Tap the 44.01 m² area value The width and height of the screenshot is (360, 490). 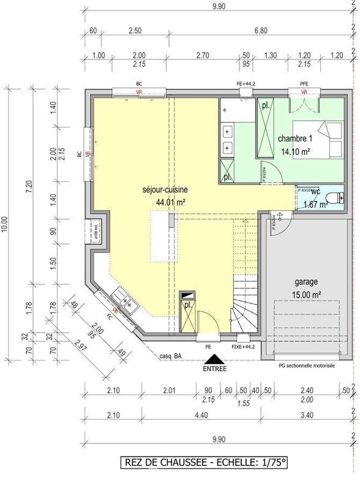(171, 202)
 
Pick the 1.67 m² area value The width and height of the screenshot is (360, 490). (315, 205)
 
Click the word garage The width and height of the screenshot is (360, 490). (306, 282)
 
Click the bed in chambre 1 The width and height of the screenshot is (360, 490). (328, 140)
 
